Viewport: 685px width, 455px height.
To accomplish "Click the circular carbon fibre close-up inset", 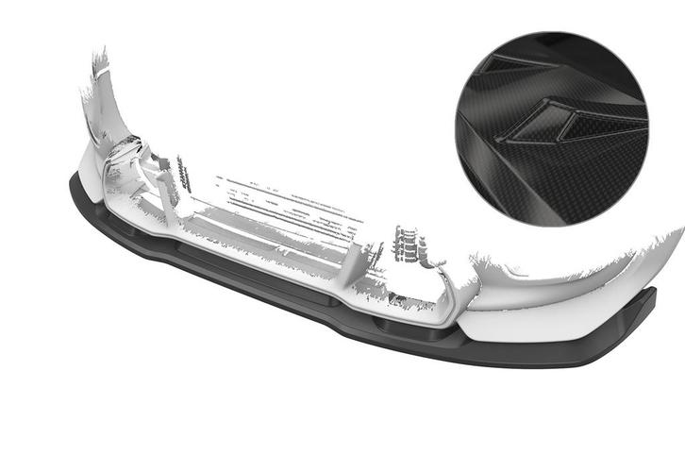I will point(551,128).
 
